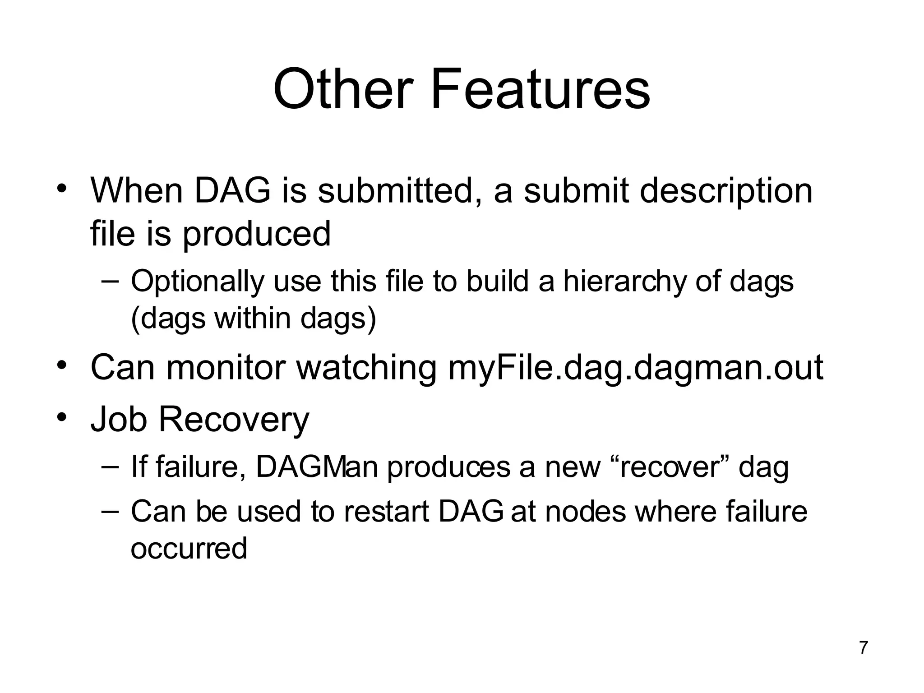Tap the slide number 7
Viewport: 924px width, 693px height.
863,647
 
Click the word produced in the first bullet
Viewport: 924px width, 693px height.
256,234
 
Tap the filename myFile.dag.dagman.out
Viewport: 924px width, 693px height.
636,368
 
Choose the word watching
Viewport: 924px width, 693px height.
366,368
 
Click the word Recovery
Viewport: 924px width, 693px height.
234,419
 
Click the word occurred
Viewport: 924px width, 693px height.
189,549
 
